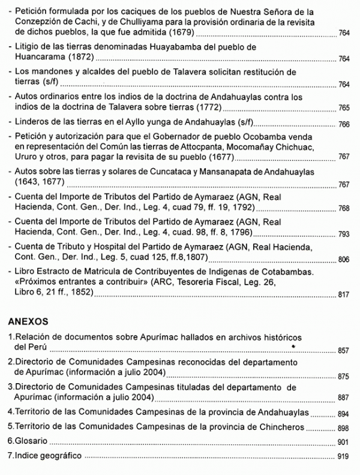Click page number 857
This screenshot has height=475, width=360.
(343, 351)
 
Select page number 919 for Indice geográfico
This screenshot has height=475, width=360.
(343, 457)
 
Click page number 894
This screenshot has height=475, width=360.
(343, 414)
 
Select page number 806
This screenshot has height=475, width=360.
(343, 260)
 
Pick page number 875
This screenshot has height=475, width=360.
(343, 377)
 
